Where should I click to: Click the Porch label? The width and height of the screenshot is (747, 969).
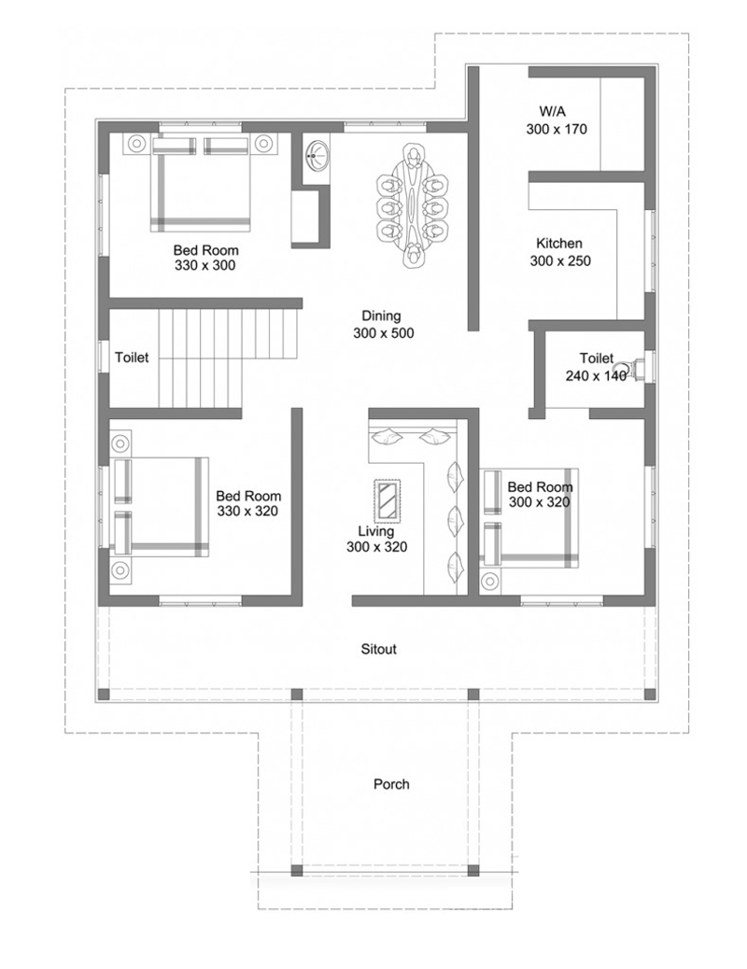point(391,784)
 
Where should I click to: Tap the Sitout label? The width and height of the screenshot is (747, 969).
point(379,649)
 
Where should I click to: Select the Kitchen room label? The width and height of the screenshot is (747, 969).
point(559,244)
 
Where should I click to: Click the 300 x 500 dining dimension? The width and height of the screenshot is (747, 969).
point(383,333)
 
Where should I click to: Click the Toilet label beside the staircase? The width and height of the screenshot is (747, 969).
point(132,358)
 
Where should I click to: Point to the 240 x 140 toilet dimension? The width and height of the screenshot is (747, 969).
point(596,376)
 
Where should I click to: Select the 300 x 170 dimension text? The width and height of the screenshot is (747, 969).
point(557,130)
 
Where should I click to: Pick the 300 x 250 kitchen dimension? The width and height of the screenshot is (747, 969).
point(560,261)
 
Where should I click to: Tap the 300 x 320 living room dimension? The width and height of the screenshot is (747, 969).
point(376,547)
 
